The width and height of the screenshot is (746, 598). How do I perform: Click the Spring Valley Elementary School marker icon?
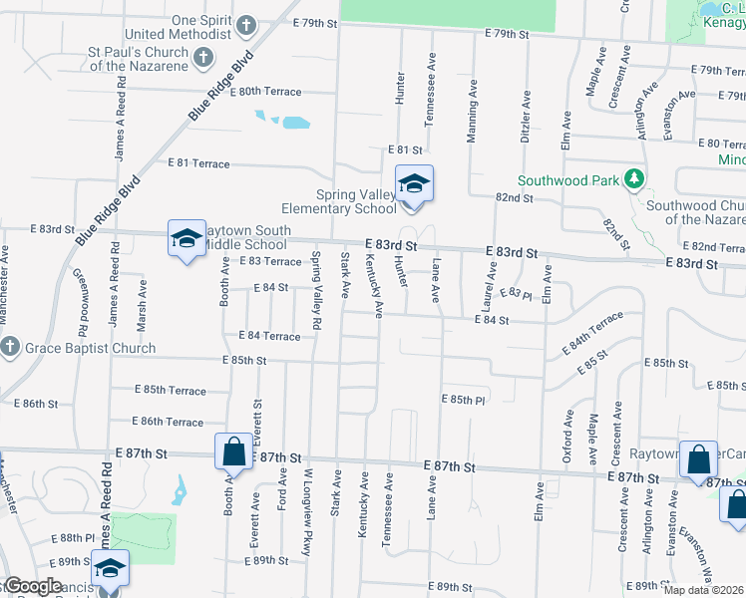click(x=414, y=184)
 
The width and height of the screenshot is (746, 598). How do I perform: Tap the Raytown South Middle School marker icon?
click(x=186, y=239)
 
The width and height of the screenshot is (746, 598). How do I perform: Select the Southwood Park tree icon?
click(x=632, y=179)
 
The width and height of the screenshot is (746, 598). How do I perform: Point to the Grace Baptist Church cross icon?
click(x=10, y=347)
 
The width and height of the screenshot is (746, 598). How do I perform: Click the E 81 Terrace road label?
click(x=198, y=162)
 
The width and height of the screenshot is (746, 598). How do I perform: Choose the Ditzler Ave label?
click(x=525, y=116)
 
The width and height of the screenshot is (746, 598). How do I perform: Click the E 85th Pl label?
click(x=463, y=399)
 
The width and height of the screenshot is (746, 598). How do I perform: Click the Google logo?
click(x=32, y=586)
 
